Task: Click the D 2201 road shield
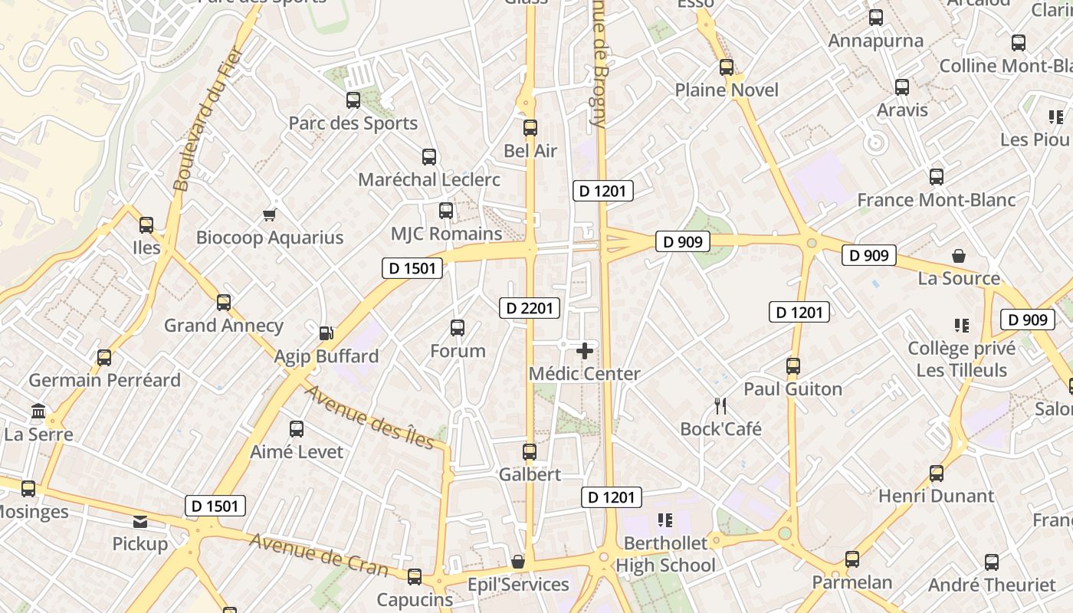click(529, 309)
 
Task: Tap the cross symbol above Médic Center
click(585, 351)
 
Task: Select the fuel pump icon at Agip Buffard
click(326, 333)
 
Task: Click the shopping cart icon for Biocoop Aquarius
click(269, 215)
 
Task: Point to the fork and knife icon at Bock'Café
click(720, 405)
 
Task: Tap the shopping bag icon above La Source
click(959, 255)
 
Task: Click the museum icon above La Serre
click(38, 411)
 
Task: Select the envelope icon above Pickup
click(140, 522)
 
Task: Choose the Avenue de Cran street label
click(319, 554)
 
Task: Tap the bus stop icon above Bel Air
click(530, 128)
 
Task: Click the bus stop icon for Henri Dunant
click(936, 474)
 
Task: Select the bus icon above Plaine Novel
click(727, 67)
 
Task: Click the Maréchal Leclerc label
click(429, 179)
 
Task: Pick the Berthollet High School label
click(665, 554)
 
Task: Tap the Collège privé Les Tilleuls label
click(962, 359)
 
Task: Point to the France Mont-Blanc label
click(936, 200)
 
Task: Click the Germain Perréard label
click(105, 380)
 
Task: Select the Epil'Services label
click(519, 585)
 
